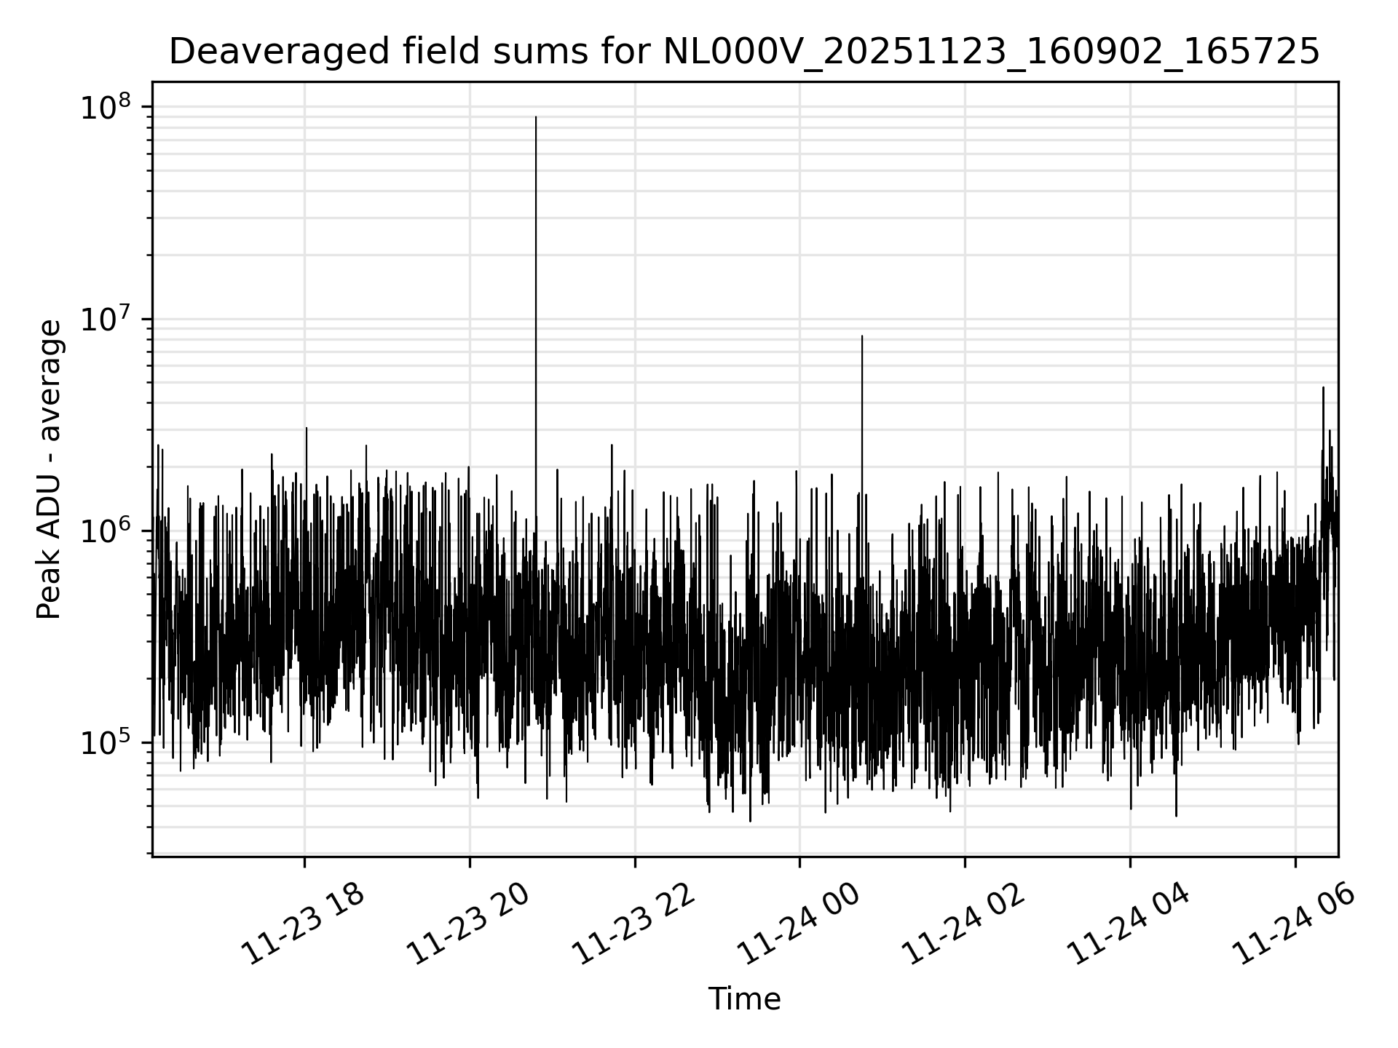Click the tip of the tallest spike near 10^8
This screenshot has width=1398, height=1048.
536,117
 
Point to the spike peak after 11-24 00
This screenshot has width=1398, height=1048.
862,336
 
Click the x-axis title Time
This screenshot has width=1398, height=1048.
744,1000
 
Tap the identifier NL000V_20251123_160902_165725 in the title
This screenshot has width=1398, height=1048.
991,52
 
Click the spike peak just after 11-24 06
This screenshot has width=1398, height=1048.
1323,388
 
